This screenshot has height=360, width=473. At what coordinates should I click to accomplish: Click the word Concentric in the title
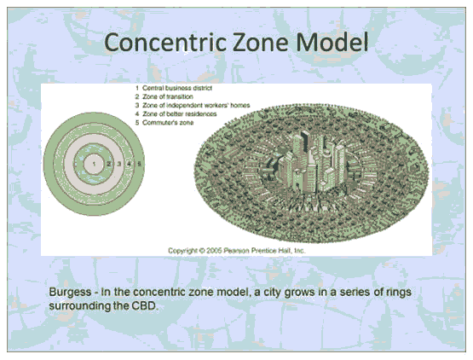pyautogui.click(x=165, y=43)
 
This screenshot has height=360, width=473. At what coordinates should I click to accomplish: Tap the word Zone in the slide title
pyautogui.click(x=261, y=43)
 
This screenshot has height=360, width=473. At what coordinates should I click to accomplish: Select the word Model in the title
pyautogui.click(x=332, y=43)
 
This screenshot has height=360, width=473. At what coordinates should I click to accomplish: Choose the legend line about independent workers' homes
pyautogui.click(x=193, y=106)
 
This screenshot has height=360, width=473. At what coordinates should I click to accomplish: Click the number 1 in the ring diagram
pyautogui.click(x=94, y=164)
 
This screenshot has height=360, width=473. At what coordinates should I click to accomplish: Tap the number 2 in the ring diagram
pyautogui.click(x=109, y=164)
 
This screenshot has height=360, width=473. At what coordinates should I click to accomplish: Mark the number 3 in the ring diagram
pyautogui.click(x=119, y=164)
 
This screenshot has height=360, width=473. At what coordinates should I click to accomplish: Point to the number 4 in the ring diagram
pyautogui.click(x=129, y=164)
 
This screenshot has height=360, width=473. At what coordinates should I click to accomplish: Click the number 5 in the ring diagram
pyautogui.click(x=139, y=164)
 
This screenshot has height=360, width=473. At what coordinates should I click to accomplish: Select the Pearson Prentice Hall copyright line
pyautogui.click(x=237, y=251)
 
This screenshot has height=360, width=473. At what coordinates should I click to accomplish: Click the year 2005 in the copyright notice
pyautogui.click(x=214, y=251)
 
